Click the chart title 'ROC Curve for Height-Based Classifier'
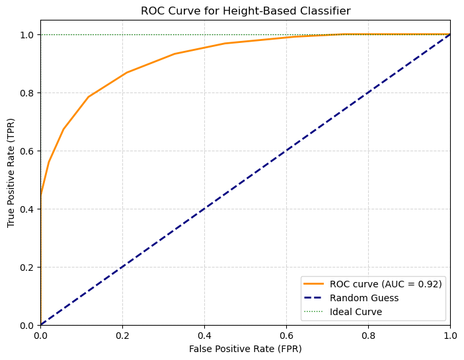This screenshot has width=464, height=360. (245, 11)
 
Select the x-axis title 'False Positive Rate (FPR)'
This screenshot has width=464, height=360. (245, 348)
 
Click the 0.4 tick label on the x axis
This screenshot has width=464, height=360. (204, 334)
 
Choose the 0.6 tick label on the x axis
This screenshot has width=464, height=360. (286, 334)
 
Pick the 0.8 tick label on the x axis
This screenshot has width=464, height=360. (368, 334)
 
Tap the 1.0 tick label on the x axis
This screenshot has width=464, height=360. (450, 334)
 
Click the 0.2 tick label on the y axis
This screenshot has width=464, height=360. (27, 268)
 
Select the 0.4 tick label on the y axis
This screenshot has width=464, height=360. (27, 209)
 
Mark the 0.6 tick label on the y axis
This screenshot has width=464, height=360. (27, 151)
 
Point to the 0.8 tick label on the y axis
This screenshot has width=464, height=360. (27, 93)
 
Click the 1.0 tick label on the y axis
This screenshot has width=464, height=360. (27, 35)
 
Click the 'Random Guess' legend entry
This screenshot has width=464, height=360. (362, 297)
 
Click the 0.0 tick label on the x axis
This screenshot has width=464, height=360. (40, 334)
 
